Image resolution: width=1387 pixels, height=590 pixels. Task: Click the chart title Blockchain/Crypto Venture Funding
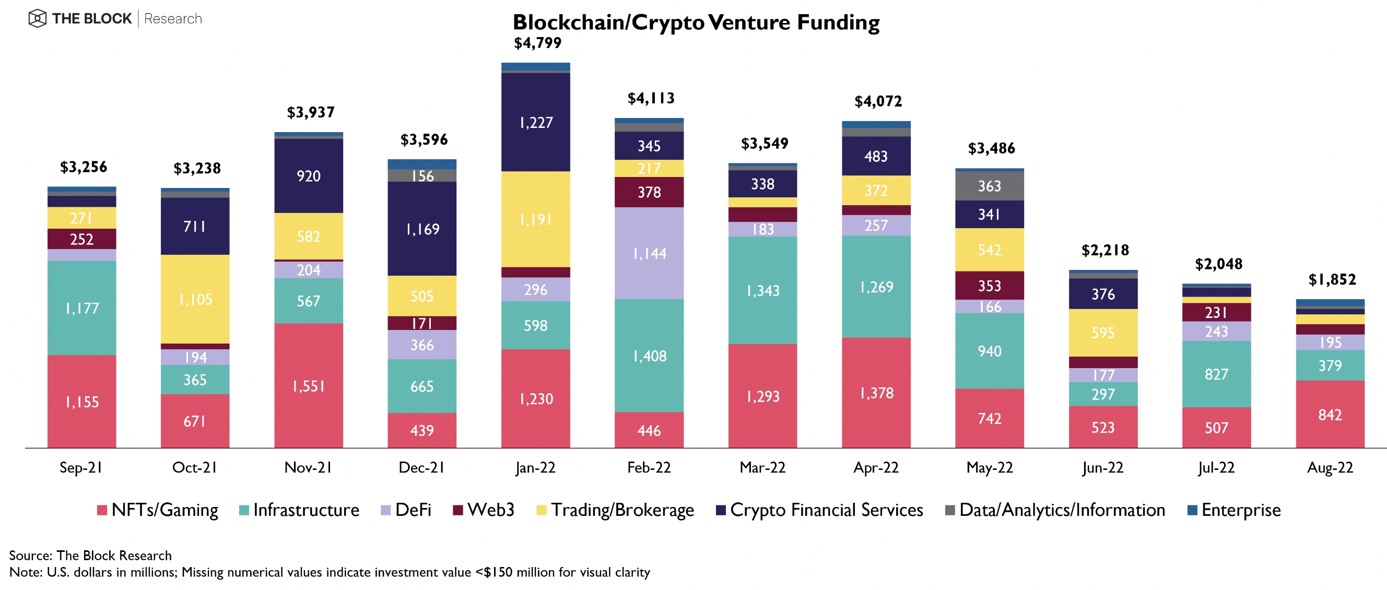[696, 22]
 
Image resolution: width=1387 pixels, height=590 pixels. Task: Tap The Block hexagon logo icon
[37, 19]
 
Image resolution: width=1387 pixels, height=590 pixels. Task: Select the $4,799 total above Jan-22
[537, 43]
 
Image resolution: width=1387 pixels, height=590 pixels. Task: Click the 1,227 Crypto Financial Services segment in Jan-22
[536, 122]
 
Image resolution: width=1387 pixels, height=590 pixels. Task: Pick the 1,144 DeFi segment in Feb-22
[649, 253]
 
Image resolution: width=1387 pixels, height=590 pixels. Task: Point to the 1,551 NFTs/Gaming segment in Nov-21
[309, 385]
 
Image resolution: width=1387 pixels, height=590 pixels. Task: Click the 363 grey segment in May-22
[990, 186]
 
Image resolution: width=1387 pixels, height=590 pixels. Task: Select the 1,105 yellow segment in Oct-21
[195, 299]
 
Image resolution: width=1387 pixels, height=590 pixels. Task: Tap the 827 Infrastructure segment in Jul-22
[1216, 374]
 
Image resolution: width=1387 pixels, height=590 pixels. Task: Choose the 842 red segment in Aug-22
[1330, 414]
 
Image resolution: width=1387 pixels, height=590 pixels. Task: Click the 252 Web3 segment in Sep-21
[82, 239]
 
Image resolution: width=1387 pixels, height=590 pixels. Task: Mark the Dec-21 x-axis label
[421, 467]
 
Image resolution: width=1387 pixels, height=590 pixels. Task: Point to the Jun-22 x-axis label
[1103, 467]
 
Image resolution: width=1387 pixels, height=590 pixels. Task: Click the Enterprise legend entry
[1234, 510]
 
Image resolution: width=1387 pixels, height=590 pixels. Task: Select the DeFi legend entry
[406, 510]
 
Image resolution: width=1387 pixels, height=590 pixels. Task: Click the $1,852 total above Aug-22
[1332, 279]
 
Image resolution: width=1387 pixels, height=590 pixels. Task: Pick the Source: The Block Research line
[90, 555]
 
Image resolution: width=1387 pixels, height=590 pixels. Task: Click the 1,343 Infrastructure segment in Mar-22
[762, 290]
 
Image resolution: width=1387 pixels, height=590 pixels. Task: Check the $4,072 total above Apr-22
[878, 101]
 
